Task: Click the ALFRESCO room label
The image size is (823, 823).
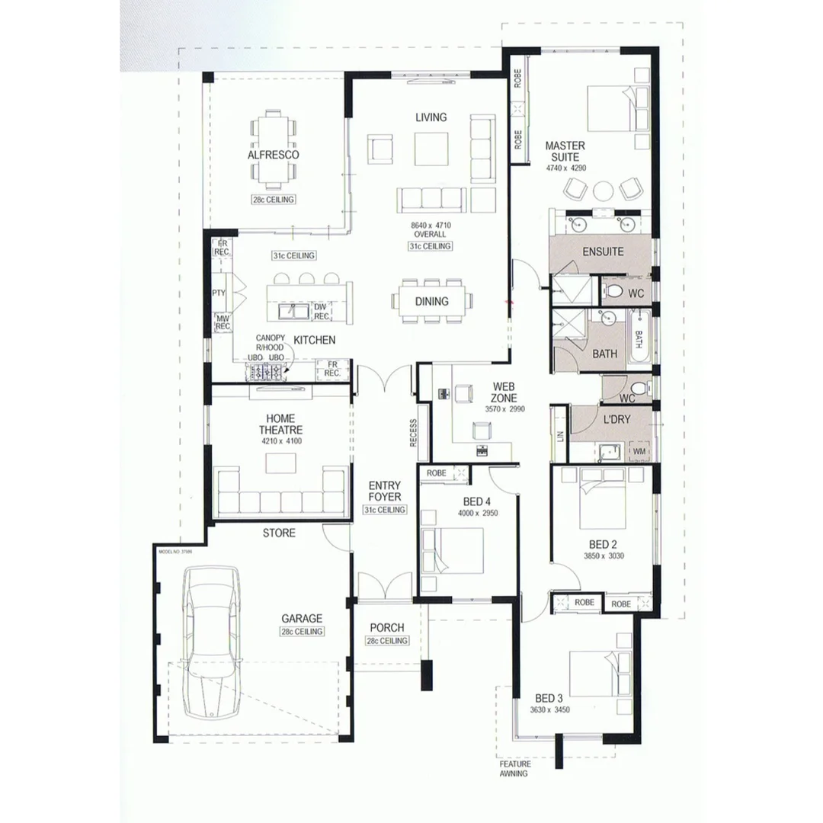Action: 273,155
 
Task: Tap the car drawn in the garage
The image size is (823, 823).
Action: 211,642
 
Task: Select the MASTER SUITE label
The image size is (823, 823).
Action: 565,151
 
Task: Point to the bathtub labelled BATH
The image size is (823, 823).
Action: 639,337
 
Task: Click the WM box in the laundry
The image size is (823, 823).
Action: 639,452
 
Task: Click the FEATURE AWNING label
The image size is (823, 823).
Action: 514,768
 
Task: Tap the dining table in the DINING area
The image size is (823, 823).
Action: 432,301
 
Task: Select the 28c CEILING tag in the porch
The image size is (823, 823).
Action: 386,641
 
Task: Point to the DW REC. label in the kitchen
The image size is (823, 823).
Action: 322,312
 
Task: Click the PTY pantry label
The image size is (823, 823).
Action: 219,293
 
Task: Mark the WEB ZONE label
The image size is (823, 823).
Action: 504,392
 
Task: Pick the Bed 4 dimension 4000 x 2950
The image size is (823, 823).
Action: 477,513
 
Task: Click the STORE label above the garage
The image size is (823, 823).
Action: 279,533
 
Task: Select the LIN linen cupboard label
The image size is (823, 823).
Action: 560,435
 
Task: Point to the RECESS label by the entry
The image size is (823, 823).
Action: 412,434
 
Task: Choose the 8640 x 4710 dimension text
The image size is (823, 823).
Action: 431,231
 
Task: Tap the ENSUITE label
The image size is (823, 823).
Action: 603,251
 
